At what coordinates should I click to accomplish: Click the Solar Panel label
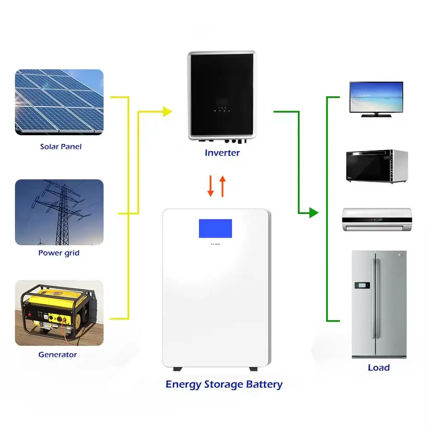click(x=60, y=146)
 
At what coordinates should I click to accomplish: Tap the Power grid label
click(x=59, y=253)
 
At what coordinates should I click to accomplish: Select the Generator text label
click(x=57, y=354)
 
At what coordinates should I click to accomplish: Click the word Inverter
click(x=222, y=152)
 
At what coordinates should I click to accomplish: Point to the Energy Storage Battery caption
click(x=224, y=384)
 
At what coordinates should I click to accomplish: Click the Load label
click(x=378, y=367)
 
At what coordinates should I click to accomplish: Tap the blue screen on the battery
click(x=215, y=228)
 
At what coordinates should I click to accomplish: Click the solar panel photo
click(x=59, y=102)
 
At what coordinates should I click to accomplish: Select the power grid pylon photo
click(x=59, y=212)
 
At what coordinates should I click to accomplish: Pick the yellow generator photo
click(x=59, y=312)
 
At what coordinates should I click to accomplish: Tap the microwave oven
click(x=377, y=166)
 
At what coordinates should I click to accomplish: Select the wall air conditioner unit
click(x=377, y=220)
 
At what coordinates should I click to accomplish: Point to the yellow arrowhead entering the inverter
click(x=167, y=112)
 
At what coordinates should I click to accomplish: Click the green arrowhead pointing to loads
click(x=314, y=212)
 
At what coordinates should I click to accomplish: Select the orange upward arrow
click(x=222, y=186)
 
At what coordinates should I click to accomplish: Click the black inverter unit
click(x=222, y=95)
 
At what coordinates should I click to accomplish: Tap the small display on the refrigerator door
click(x=364, y=285)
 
